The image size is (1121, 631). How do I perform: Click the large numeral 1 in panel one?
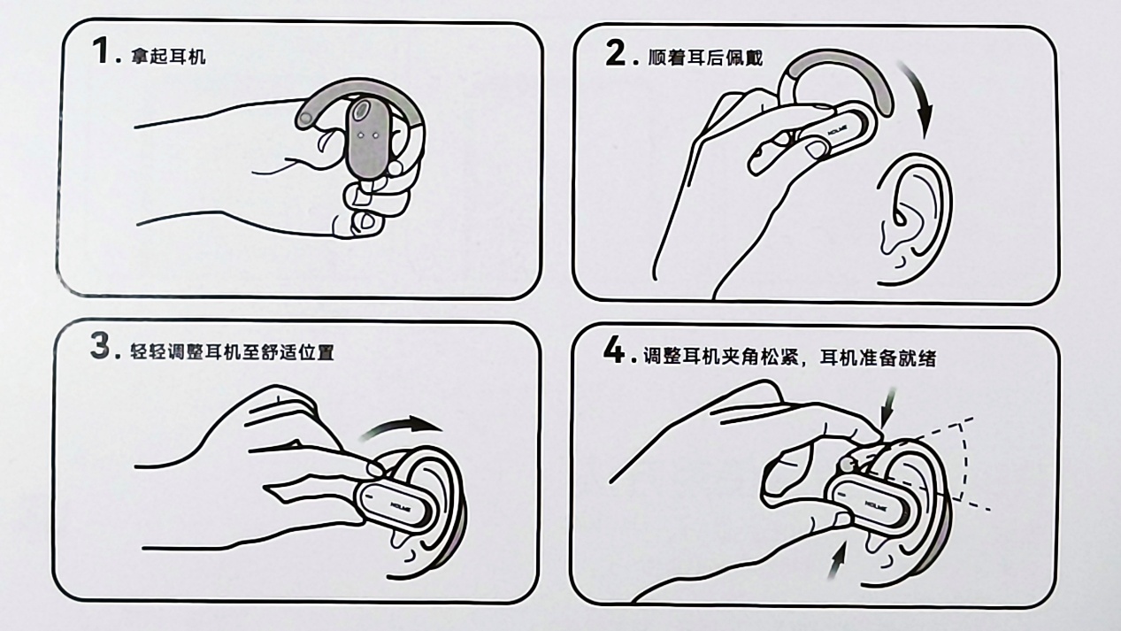pyautogui.click(x=102, y=51)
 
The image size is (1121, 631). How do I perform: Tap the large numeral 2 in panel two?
pyautogui.click(x=615, y=53)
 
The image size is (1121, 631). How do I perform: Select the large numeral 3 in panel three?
pyautogui.click(x=100, y=346)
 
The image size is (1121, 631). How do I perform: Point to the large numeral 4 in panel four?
pyautogui.click(x=614, y=350)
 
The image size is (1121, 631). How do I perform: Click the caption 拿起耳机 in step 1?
pyautogui.click(x=168, y=57)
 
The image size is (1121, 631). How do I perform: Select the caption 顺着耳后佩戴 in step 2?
pyautogui.click(x=706, y=58)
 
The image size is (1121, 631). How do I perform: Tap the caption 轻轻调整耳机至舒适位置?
pyautogui.click(x=232, y=351)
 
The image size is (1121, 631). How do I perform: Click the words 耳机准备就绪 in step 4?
pyautogui.click(x=878, y=358)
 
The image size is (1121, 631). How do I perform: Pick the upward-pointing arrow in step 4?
pyautogui.click(x=837, y=561)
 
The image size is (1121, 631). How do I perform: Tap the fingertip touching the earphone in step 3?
pyautogui.click(x=375, y=469)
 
